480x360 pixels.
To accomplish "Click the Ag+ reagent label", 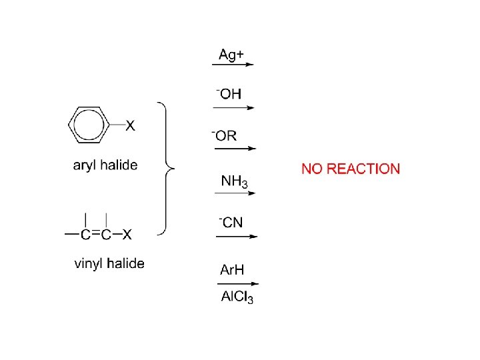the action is coord(231,54).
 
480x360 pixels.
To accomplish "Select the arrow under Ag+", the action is coord(233,65).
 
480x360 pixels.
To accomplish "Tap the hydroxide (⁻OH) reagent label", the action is coord(229,95).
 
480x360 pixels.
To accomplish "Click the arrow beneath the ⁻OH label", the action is coord(233,107).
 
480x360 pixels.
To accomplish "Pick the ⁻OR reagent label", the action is coord(225,136).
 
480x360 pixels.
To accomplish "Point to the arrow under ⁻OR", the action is coord(233,149).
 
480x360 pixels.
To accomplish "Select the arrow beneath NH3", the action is coord(234,193).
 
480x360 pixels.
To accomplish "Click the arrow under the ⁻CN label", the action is coord(233,235).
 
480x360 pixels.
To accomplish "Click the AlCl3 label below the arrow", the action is coord(237,297).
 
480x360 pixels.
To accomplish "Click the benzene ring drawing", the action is coord(90,124).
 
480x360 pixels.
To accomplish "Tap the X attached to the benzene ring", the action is coord(131,125).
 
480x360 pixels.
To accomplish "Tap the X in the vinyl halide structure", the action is coord(127,234).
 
